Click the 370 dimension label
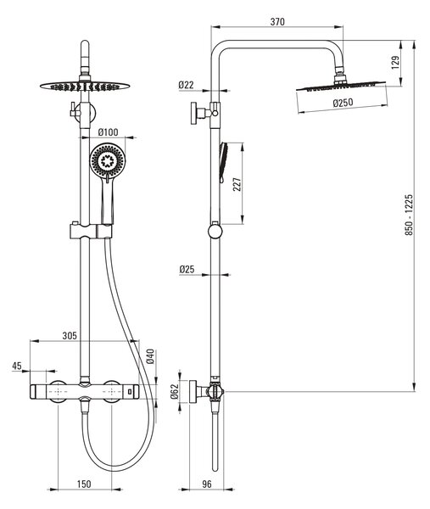(277, 22)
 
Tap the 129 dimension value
(395, 62)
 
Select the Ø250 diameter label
(343, 103)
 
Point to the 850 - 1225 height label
(409, 215)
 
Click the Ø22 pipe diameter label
(186, 85)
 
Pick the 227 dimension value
(237, 184)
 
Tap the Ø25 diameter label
(187, 269)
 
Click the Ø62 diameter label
(174, 391)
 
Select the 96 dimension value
(207, 484)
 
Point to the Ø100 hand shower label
(108, 132)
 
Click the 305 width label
(70, 336)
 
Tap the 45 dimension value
(17, 366)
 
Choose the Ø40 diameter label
(150, 356)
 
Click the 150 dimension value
(84, 484)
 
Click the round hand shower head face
(107, 160)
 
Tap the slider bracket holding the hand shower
(91, 231)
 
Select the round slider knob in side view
(215, 232)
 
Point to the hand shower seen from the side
(224, 162)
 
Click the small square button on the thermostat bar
(130, 392)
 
